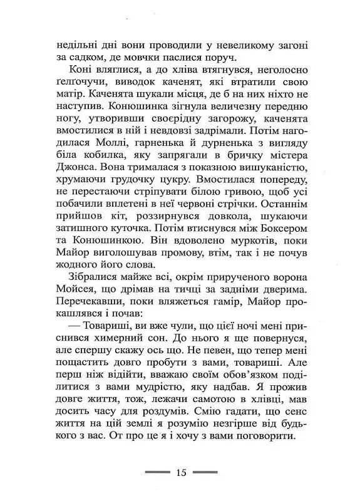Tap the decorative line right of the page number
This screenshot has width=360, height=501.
205,473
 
